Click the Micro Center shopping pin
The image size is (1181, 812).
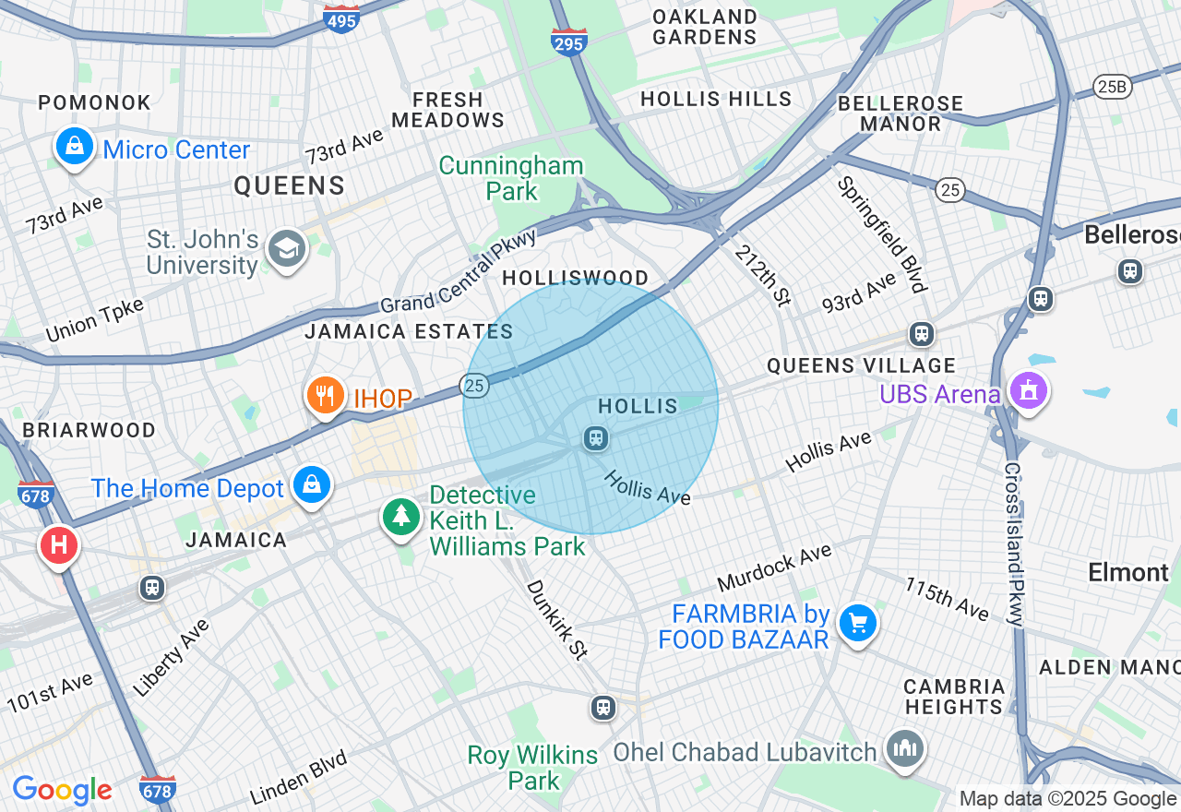click(x=74, y=146)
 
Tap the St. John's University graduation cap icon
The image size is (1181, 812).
click(x=286, y=248)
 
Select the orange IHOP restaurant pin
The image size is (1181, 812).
click(x=325, y=396)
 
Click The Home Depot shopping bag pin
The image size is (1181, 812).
click(x=312, y=484)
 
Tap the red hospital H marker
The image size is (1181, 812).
click(x=58, y=545)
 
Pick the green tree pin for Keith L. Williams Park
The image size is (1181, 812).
click(x=401, y=517)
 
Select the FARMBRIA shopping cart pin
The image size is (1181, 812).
click(x=858, y=625)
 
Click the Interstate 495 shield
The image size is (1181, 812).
click(x=341, y=18)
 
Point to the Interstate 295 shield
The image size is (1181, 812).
click(x=569, y=42)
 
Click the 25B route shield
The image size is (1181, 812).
click(x=1111, y=87)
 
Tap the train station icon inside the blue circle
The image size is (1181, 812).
click(x=596, y=437)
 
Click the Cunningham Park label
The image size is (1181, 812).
click(x=511, y=178)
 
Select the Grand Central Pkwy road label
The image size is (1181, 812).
click(x=459, y=272)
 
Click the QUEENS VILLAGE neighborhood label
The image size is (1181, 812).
click(x=861, y=365)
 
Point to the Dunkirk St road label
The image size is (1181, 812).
click(x=556, y=619)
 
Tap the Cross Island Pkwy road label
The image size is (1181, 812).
click(x=1013, y=544)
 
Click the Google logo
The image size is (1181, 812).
click(x=62, y=790)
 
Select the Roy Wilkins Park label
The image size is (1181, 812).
click(x=532, y=768)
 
